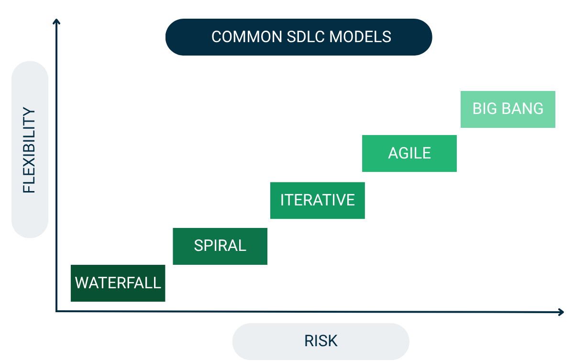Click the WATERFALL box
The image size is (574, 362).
118,283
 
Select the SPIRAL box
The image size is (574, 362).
220,246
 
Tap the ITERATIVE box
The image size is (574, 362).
318,200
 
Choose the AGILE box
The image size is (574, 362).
409,153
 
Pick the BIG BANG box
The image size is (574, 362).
508,109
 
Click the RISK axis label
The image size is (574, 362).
321,341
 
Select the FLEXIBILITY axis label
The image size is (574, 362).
30,150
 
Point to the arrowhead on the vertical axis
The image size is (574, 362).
56,21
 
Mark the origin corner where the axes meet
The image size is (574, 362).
56,312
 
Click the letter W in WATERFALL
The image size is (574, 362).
81,283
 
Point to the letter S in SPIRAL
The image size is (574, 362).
199,246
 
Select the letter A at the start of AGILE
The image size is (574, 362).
393,153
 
